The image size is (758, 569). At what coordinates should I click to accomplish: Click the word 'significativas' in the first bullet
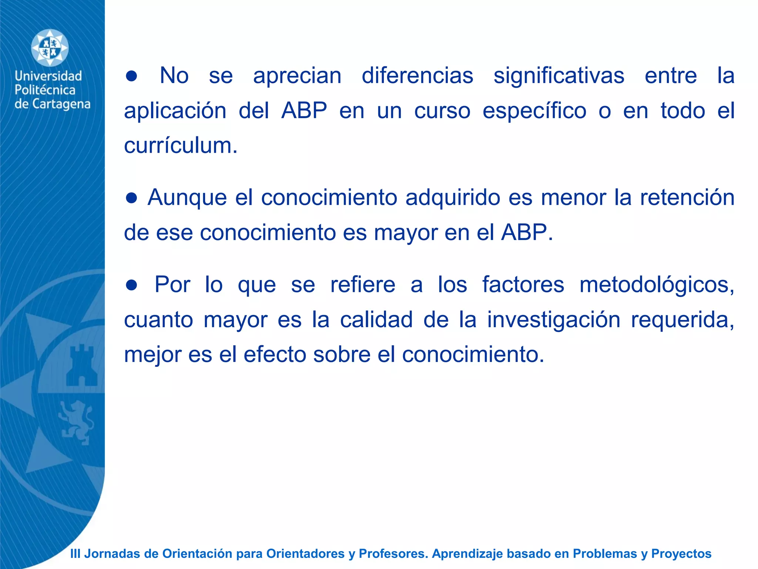point(559,76)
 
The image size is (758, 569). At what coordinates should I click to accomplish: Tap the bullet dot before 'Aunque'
point(131,198)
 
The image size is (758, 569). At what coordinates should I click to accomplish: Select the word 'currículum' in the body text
point(180,146)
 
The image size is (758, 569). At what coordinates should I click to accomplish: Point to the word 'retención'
point(687,197)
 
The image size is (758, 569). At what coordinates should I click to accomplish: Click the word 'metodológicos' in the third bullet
point(656,285)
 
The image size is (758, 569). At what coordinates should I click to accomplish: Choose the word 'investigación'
point(553,320)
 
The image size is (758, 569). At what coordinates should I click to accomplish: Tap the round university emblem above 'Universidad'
point(50,48)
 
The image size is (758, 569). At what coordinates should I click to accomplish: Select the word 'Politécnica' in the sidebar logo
point(45,90)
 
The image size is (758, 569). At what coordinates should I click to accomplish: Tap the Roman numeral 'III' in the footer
point(75,553)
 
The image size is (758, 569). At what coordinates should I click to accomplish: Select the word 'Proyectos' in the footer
point(681,553)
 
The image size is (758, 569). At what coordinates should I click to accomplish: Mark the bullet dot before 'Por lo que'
point(131,285)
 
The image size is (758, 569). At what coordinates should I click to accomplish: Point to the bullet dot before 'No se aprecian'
point(131,76)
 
